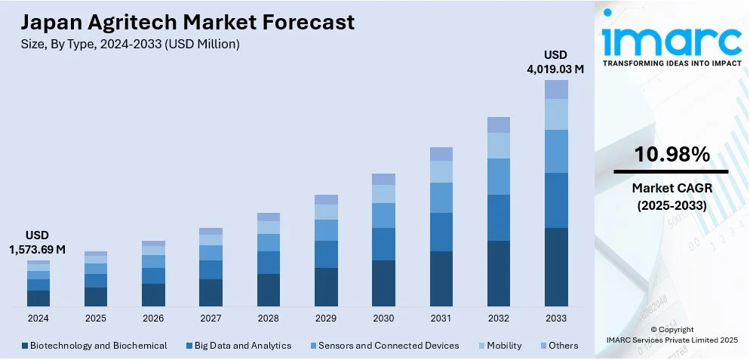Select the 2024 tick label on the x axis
pos(38,318)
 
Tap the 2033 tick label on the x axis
pos(556,318)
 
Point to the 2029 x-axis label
pos(326,318)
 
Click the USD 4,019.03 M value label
pos(555,62)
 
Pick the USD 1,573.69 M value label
pos(38,242)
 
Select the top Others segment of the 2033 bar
pos(556,90)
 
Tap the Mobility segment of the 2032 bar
pos(499,146)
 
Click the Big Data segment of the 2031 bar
pos(441,232)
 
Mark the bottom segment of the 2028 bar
pos(269,290)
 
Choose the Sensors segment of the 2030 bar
pos(383,215)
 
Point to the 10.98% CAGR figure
pos(672,155)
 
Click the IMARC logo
pos(672,42)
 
